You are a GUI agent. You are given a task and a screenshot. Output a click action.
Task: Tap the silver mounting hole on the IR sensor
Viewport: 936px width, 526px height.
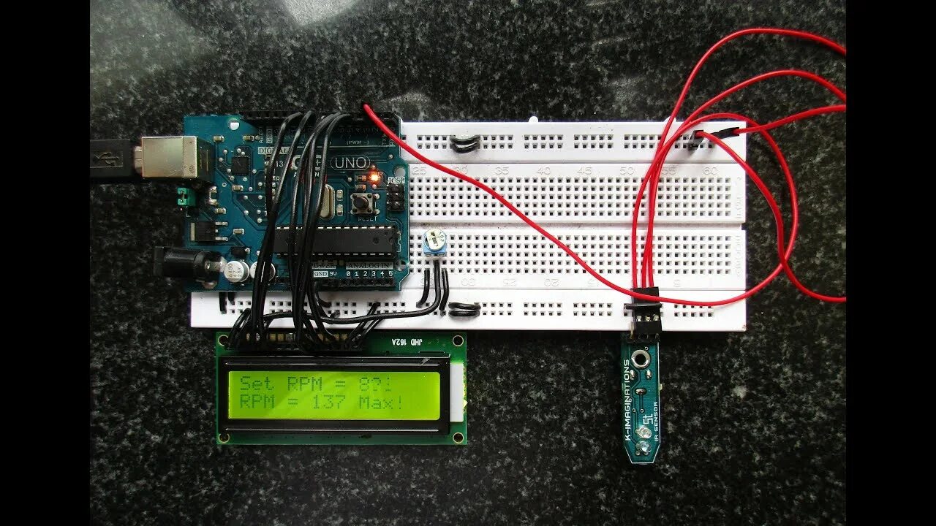click(x=641, y=359)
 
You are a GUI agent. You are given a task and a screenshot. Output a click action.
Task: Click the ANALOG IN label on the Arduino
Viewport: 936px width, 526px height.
click(x=369, y=264)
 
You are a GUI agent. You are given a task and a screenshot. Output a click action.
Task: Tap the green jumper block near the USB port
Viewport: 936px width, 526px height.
click(x=183, y=197)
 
